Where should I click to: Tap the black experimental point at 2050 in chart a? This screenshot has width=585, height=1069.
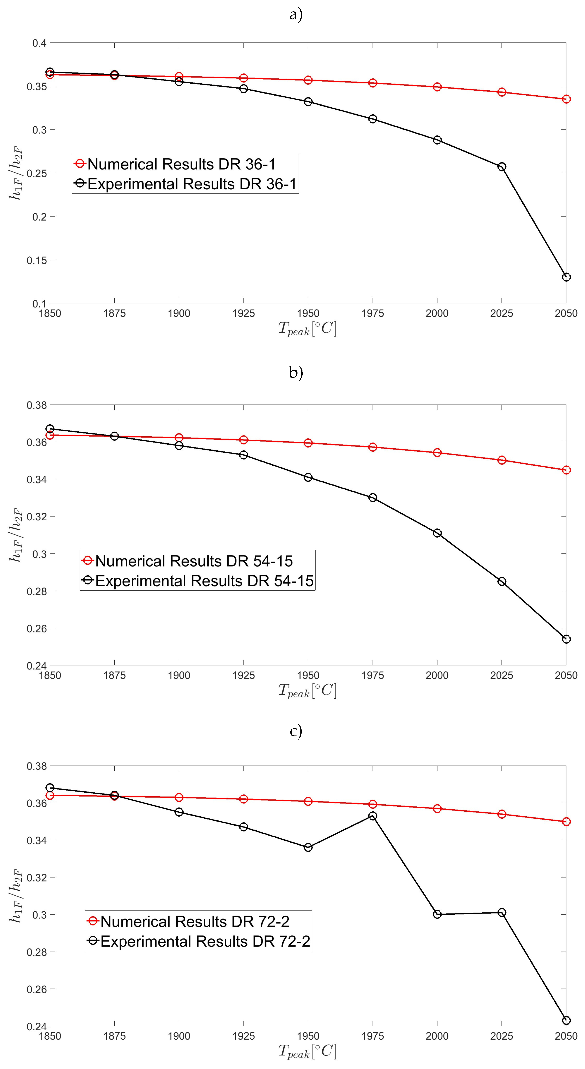pos(566,277)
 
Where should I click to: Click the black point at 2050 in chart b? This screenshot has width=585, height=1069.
pos(566,639)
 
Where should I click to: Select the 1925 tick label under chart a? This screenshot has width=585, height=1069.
pos(243,313)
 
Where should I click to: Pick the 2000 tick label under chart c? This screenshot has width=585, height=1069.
pos(437,1036)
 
